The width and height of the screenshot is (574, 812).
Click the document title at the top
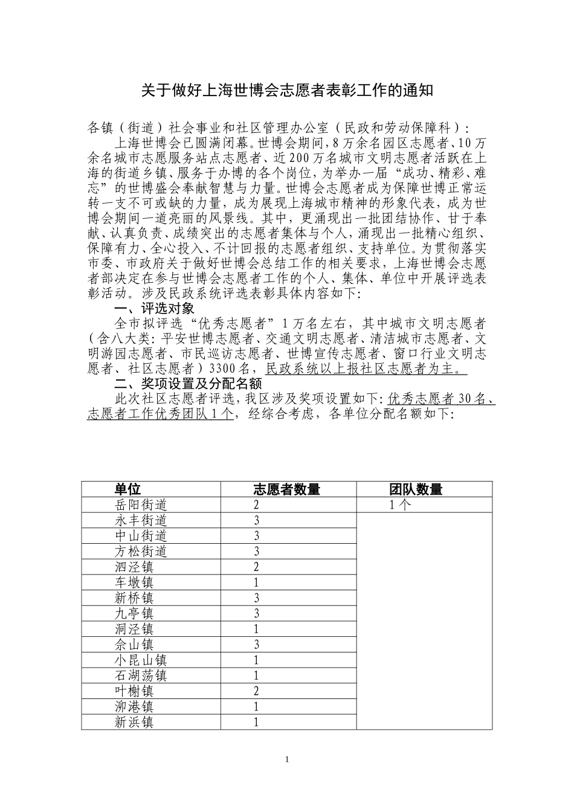click(x=287, y=91)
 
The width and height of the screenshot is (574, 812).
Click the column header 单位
click(x=127, y=489)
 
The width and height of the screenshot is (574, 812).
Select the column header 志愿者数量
click(x=286, y=489)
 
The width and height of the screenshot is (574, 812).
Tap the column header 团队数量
click(x=416, y=489)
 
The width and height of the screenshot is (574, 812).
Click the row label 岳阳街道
click(x=141, y=504)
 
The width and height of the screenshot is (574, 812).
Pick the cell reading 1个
click(x=400, y=504)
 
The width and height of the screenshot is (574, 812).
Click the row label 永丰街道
click(x=141, y=520)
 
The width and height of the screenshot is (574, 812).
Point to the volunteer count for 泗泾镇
click(x=256, y=567)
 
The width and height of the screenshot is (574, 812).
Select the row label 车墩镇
click(x=134, y=582)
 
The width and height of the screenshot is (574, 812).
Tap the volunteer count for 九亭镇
click(x=256, y=613)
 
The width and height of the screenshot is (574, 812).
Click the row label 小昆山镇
click(x=141, y=660)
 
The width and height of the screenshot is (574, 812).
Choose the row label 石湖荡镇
click(x=141, y=675)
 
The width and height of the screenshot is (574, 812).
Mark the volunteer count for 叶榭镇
click(x=256, y=691)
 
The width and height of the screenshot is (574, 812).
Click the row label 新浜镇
click(x=134, y=722)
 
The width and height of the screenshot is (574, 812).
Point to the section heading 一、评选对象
click(x=154, y=309)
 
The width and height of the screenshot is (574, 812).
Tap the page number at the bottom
click(x=287, y=759)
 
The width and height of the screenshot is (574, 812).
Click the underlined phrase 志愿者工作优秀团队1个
click(x=160, y=414)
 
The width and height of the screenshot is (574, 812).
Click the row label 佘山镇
click(x=134, y=645)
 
